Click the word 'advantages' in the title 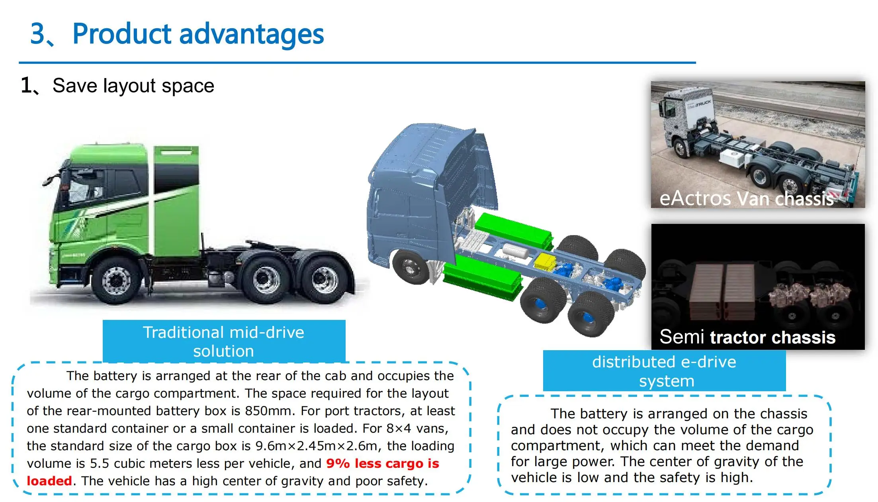(251, 34)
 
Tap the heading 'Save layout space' (133, 86)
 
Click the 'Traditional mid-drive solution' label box (224, 341)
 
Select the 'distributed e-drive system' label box (664, 371)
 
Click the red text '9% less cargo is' (382, 463)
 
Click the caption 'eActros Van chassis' (746, 198)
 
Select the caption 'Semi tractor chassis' (747, 337)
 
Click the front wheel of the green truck (116, 280)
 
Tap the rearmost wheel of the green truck (324, 280)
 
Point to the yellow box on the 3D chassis (544, 261)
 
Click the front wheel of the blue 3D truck (411, 266)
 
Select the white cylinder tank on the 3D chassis (515, 251)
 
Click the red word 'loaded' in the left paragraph (49, 481)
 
